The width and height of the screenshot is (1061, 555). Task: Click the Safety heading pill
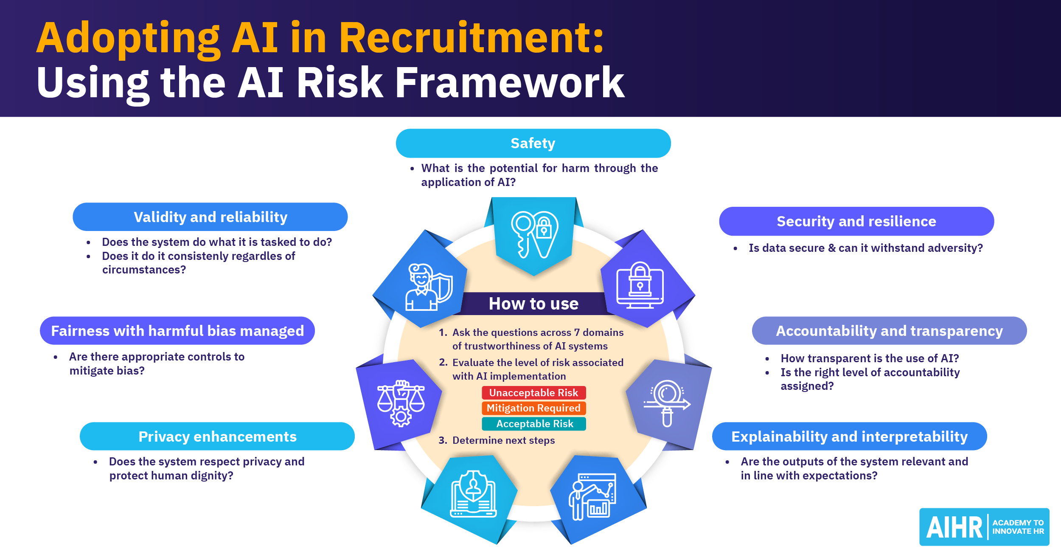533,144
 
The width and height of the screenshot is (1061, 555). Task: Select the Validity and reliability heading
210,217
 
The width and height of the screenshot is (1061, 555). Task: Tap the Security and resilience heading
856,221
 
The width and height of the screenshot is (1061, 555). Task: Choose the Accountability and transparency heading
889,331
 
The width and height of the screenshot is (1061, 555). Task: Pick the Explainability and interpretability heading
849,437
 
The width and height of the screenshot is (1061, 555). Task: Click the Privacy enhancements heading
217,437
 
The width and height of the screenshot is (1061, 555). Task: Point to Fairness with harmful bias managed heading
177,331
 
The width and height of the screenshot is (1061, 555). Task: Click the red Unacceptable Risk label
533,393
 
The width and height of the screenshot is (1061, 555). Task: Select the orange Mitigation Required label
533,408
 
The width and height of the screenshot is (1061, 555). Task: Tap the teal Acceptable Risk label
534,424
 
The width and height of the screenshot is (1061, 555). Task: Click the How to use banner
533,304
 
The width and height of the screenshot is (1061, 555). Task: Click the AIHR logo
984,527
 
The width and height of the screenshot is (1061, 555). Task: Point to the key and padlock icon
534,234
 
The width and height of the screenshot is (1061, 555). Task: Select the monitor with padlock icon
640,285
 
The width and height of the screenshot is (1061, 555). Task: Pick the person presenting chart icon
592,497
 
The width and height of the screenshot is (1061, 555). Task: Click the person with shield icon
429,287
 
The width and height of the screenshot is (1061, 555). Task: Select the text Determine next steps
503,440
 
